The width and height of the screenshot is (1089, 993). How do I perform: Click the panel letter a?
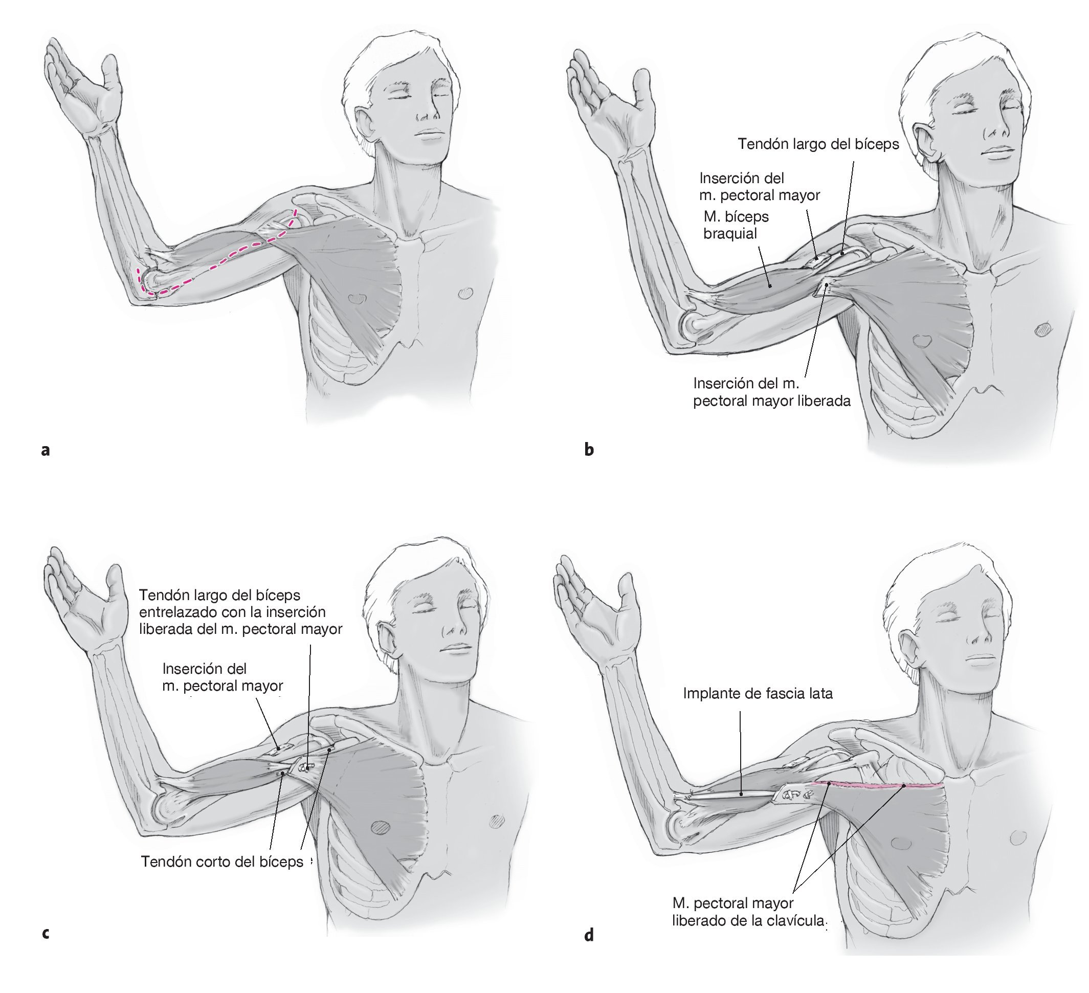pos(46,450)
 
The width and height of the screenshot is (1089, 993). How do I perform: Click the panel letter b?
pos(589,450)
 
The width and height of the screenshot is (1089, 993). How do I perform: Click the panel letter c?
pos(46,933)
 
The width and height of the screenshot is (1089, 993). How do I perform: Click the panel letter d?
pos(589,934)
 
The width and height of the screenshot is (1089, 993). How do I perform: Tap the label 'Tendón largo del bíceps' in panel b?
pos(818,144)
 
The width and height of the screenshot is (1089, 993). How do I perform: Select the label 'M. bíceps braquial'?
pos(736,225)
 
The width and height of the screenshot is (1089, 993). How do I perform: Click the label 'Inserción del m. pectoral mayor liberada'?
pos(771,392)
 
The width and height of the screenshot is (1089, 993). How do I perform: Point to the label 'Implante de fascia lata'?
pos(758,693)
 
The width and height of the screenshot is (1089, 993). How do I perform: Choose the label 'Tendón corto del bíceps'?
pos(222,861)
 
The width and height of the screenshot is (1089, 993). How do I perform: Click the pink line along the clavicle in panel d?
pos(875,784)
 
